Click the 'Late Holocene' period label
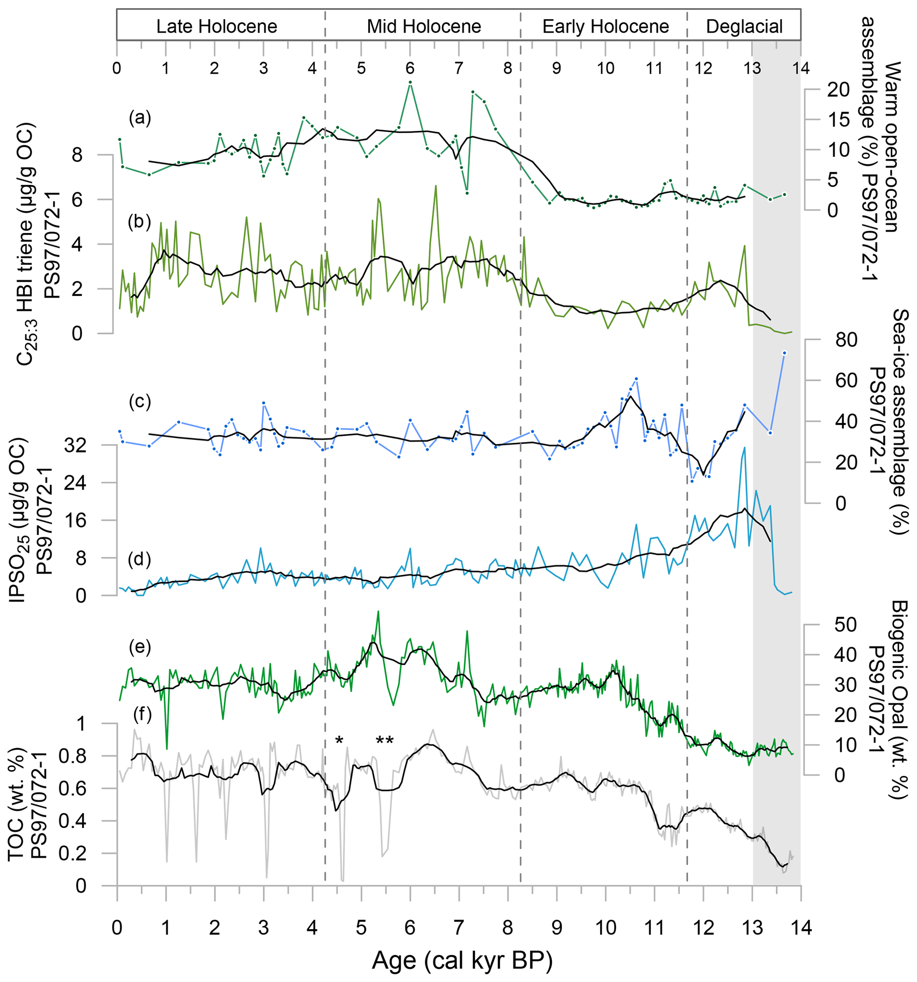(217, 27)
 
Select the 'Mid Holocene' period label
(424, 27)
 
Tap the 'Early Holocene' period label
(606, 27)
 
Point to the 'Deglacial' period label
(744, 27)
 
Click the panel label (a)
(140, 118)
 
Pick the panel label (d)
(140, 559)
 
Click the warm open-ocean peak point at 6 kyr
(410, 83)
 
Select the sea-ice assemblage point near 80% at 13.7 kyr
(784, 353)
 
